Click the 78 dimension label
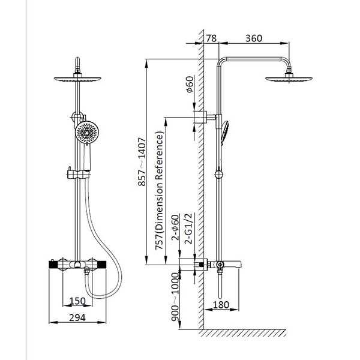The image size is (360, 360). [211, 38]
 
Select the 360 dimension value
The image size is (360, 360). [254, 38]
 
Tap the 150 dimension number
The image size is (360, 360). [77, 301]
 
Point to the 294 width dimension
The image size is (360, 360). [77, 318]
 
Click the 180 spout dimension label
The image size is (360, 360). [221, 305]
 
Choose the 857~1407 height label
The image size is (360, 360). [142, 161]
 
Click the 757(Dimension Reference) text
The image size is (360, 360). [159, 191]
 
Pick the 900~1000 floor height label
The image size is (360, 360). [175, 297]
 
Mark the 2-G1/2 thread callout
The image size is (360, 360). [188, 229]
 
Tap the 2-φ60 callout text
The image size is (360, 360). [175, 227]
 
